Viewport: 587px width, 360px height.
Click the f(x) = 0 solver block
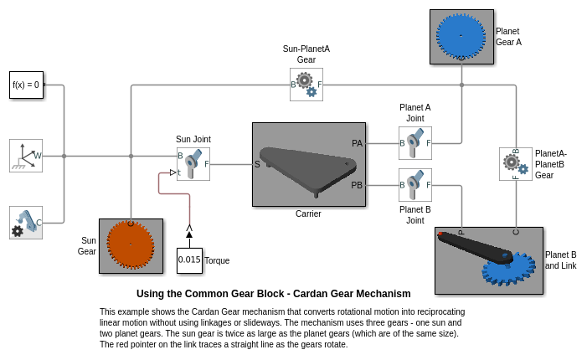click(x=25, y=85)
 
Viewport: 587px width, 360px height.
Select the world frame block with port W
click(x=25, y=156)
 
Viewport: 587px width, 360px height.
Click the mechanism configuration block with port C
click(x=25, y=222)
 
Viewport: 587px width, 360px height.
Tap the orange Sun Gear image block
click(x=131, y=246)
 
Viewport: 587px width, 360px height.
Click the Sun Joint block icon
click(x=193, y=164)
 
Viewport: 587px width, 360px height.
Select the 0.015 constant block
click(x=189, y=260)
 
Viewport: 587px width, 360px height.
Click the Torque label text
click(x=217, y=260)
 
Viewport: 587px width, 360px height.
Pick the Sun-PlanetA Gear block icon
click(x=306, y=85)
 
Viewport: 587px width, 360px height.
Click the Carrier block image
click(x=309, y=164)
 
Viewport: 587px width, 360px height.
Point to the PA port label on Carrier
click(x=357, y=143)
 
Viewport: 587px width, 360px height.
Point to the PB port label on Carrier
click(x=357, y=185)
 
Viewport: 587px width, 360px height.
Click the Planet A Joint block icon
click(x=415, y=143)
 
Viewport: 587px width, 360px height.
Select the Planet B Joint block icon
click(x=415, y=185)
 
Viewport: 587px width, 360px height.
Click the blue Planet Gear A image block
click(x=461, y=37)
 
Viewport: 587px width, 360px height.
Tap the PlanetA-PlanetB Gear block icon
click(x=516, y=164)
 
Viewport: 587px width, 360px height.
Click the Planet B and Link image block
click(x=489, y=260)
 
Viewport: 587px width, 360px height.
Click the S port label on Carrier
click(x=258, y=164)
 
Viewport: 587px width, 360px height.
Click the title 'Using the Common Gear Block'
click(x=273, y=294)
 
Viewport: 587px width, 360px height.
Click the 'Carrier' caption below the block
click(x=308, y=213)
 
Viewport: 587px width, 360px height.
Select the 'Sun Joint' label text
click(x=193, y=139)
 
